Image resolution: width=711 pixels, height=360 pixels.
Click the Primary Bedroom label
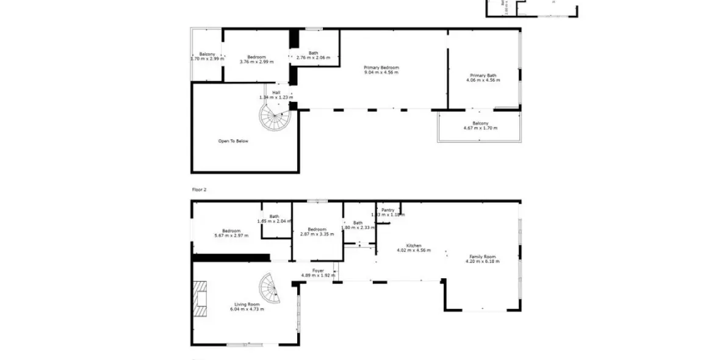pyautogui.click(x=381, y=68)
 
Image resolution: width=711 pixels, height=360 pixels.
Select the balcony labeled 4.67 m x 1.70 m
pyautogui.click(x=480, y=126)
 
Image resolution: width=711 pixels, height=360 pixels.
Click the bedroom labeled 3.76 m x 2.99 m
pyautogui.click(x=256, y=59)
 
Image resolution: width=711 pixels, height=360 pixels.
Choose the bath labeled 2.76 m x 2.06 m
pyautogui.click(x=312, y=56)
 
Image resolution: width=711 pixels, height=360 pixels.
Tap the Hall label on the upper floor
pyautogui.click(x=276, y=93)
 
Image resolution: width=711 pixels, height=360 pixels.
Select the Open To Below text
pyautogui.click(x=233, y=141)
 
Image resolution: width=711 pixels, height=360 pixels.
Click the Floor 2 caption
pyautogui.click(x=200, y=190)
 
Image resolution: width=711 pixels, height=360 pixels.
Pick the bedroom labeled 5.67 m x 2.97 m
pyautogui.click(x=231, y=233)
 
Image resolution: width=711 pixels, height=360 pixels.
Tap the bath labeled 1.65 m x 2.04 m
pyautogui.click(x=274, y=218)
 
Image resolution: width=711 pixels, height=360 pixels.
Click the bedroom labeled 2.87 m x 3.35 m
pyautogui.click(x=317, y=231)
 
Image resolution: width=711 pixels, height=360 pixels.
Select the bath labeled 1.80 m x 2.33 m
pyautogui.click(x=358, y=225)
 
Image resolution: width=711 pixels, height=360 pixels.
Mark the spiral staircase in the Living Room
pyautogui.click(x=270, y=289)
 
